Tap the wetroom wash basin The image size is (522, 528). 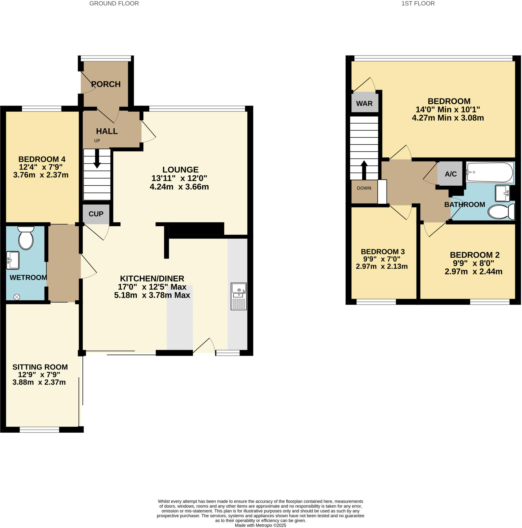(x=13, y=260)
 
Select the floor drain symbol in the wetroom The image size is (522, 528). (x=17, y=297)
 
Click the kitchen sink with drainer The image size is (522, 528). (x=238, y=296)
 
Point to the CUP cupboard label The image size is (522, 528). (x=96, y=214)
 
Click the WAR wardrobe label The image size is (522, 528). (x=364, y=104)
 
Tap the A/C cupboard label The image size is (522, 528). (x=450, y=174)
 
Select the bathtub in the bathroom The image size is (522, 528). (x=489, y=172)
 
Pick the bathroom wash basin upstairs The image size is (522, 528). (x=502, y=193)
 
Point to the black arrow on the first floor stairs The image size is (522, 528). (x=364, y=169)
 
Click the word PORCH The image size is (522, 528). (x=106, y=84)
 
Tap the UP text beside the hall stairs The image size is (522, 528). (x=97, y=141)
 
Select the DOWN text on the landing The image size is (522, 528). (x=364, y=188)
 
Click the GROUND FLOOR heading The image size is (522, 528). (x=114, y=4)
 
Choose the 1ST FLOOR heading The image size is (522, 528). (x=418, y=4)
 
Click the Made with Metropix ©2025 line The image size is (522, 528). (x=260, y=525)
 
